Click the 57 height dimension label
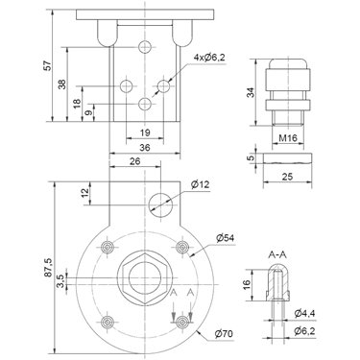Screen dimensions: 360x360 (48, 65)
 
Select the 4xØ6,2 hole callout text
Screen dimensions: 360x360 (209, 58)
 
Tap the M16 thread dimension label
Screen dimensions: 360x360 (288, 138)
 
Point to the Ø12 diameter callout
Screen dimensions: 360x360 (200, 184)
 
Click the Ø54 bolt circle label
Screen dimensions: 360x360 (226, 238)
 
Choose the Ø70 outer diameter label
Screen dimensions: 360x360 (224, 334)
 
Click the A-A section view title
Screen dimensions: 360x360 (277, 255)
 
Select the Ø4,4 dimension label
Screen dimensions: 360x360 (305, 314)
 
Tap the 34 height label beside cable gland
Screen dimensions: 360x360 (252, 92)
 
